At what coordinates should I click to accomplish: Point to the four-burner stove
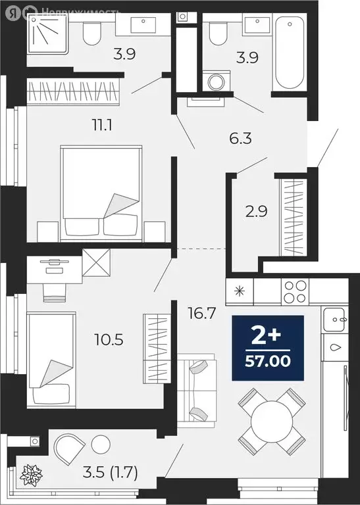(x=294, y=291)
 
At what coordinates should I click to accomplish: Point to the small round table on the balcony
(x=100, y=445)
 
